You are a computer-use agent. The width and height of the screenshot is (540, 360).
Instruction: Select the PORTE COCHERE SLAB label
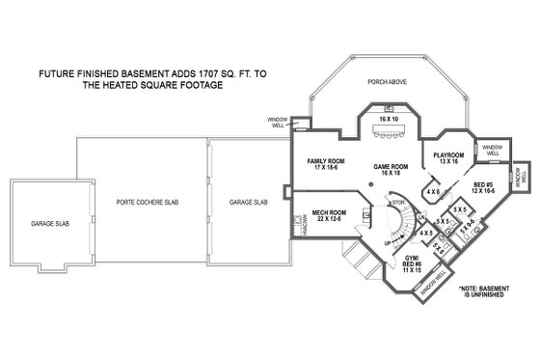(x=141, y=204)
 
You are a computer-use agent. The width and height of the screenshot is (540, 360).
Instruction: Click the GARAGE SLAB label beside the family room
(x=248, y=204)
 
